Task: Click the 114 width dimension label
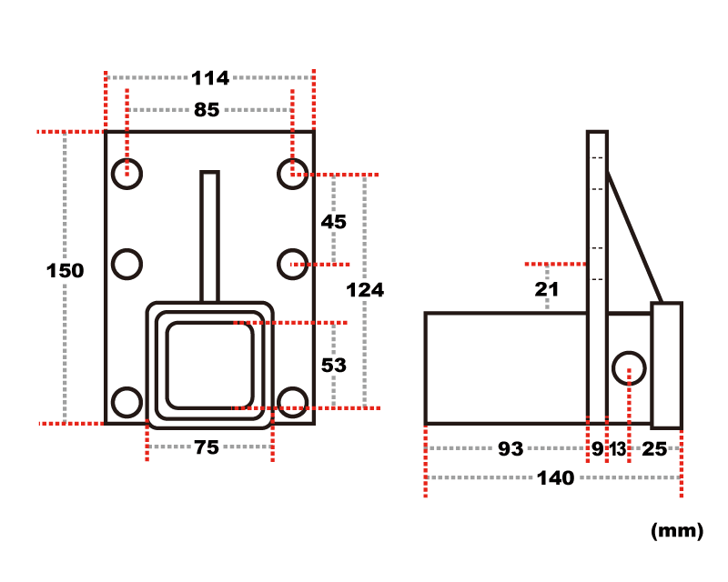tap(210, 78)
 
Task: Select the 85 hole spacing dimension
tap(207, 110)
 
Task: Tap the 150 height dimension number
tap(65, 271)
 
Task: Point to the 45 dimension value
tap(334, 222)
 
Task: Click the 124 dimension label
tap(365, 290)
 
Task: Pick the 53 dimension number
tap(334, 366)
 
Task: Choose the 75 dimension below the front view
tap(207, 447)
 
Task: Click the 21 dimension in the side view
tap(547, 289)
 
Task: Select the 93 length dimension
tap(511, 449)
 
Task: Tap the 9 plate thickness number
tap(598, 449)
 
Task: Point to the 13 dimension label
tap(618, 449)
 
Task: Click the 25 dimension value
tap(654, 449)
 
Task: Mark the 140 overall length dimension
tap(556, 478)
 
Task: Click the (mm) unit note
tap(677, 530)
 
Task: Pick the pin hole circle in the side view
tap(629, 353)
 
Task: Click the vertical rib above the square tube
tap(209, 236)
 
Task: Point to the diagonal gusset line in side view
tap(634, 237)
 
